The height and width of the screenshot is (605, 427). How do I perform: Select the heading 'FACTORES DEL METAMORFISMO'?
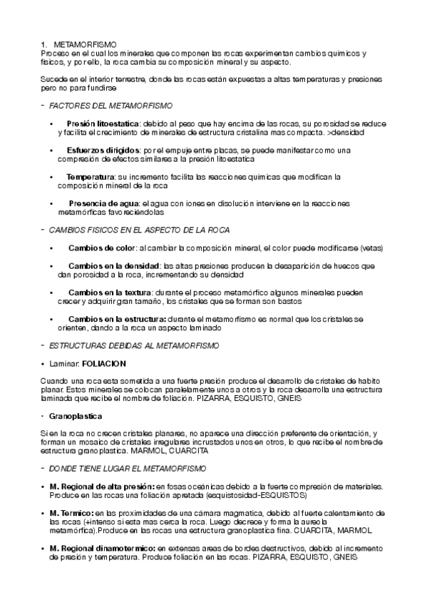[110, 106]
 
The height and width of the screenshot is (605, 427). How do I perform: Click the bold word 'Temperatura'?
[91, 177]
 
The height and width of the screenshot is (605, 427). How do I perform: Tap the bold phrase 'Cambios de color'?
[102, 248]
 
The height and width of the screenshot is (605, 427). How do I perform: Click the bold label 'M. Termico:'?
[71, 514]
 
